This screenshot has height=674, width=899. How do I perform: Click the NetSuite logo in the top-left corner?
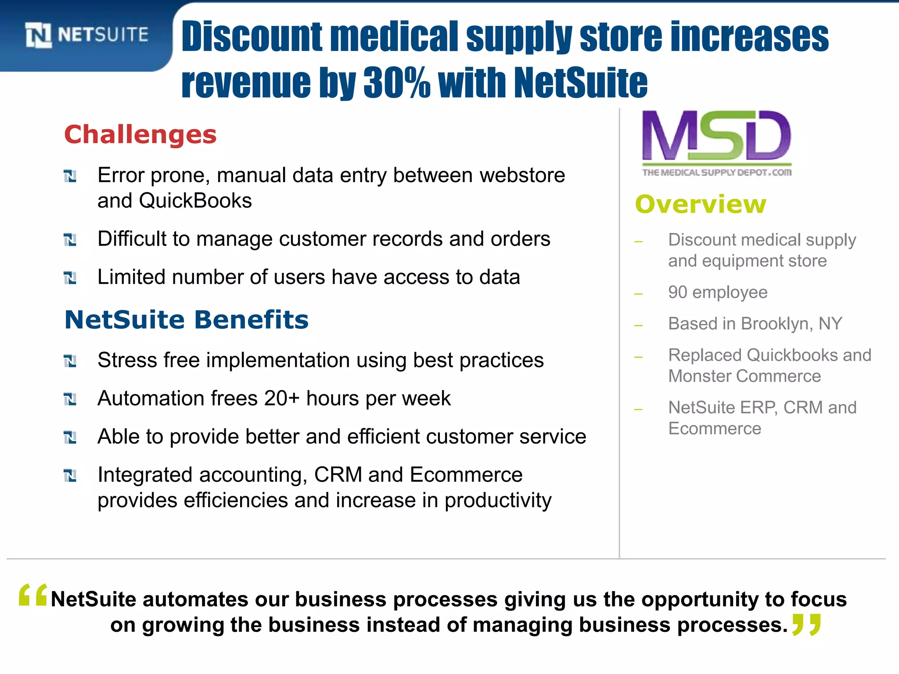pyautogui.click(x=86, y=35)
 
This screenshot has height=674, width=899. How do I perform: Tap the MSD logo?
pyautogui.click(x=716, y=136)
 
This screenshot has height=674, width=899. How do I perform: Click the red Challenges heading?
pyautogui.click(x=140, y=134)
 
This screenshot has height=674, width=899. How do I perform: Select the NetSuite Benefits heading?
pyautogui.click(x=187, y=319)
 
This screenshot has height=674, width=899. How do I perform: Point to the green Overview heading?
pyautogui.click(x=700, y=204)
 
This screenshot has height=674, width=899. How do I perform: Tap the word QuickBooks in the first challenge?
pyautogui.click(x=195, y=201)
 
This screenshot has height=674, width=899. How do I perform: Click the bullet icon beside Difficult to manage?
pyautogui.click(x=70, y=240)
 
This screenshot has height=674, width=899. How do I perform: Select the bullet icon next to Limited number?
pyautogui.click(x=70, y=278)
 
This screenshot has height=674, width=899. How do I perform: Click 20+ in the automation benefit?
pyautogui.click(x=281, y=398)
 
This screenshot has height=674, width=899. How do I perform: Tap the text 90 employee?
pyautogui.click(x=717, y=292)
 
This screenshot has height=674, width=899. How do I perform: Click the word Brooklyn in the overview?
pyautogui.click(x=773, y=324)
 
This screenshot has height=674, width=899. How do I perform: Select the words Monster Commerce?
pyautogui.click(x=744, y=376)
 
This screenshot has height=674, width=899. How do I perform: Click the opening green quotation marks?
pyautogui.click(x=33, y=595)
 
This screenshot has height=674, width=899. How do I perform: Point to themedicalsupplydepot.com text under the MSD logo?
pyautogui.click(x=716, y=172)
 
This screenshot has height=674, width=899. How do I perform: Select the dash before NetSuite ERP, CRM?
pyautogui.click(x=639, y=410)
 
